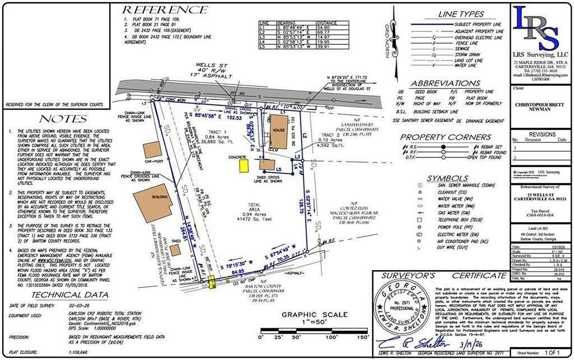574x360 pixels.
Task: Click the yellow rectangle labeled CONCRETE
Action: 244,165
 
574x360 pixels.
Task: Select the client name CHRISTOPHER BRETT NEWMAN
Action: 541,107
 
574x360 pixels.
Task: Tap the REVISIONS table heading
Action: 541,135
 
